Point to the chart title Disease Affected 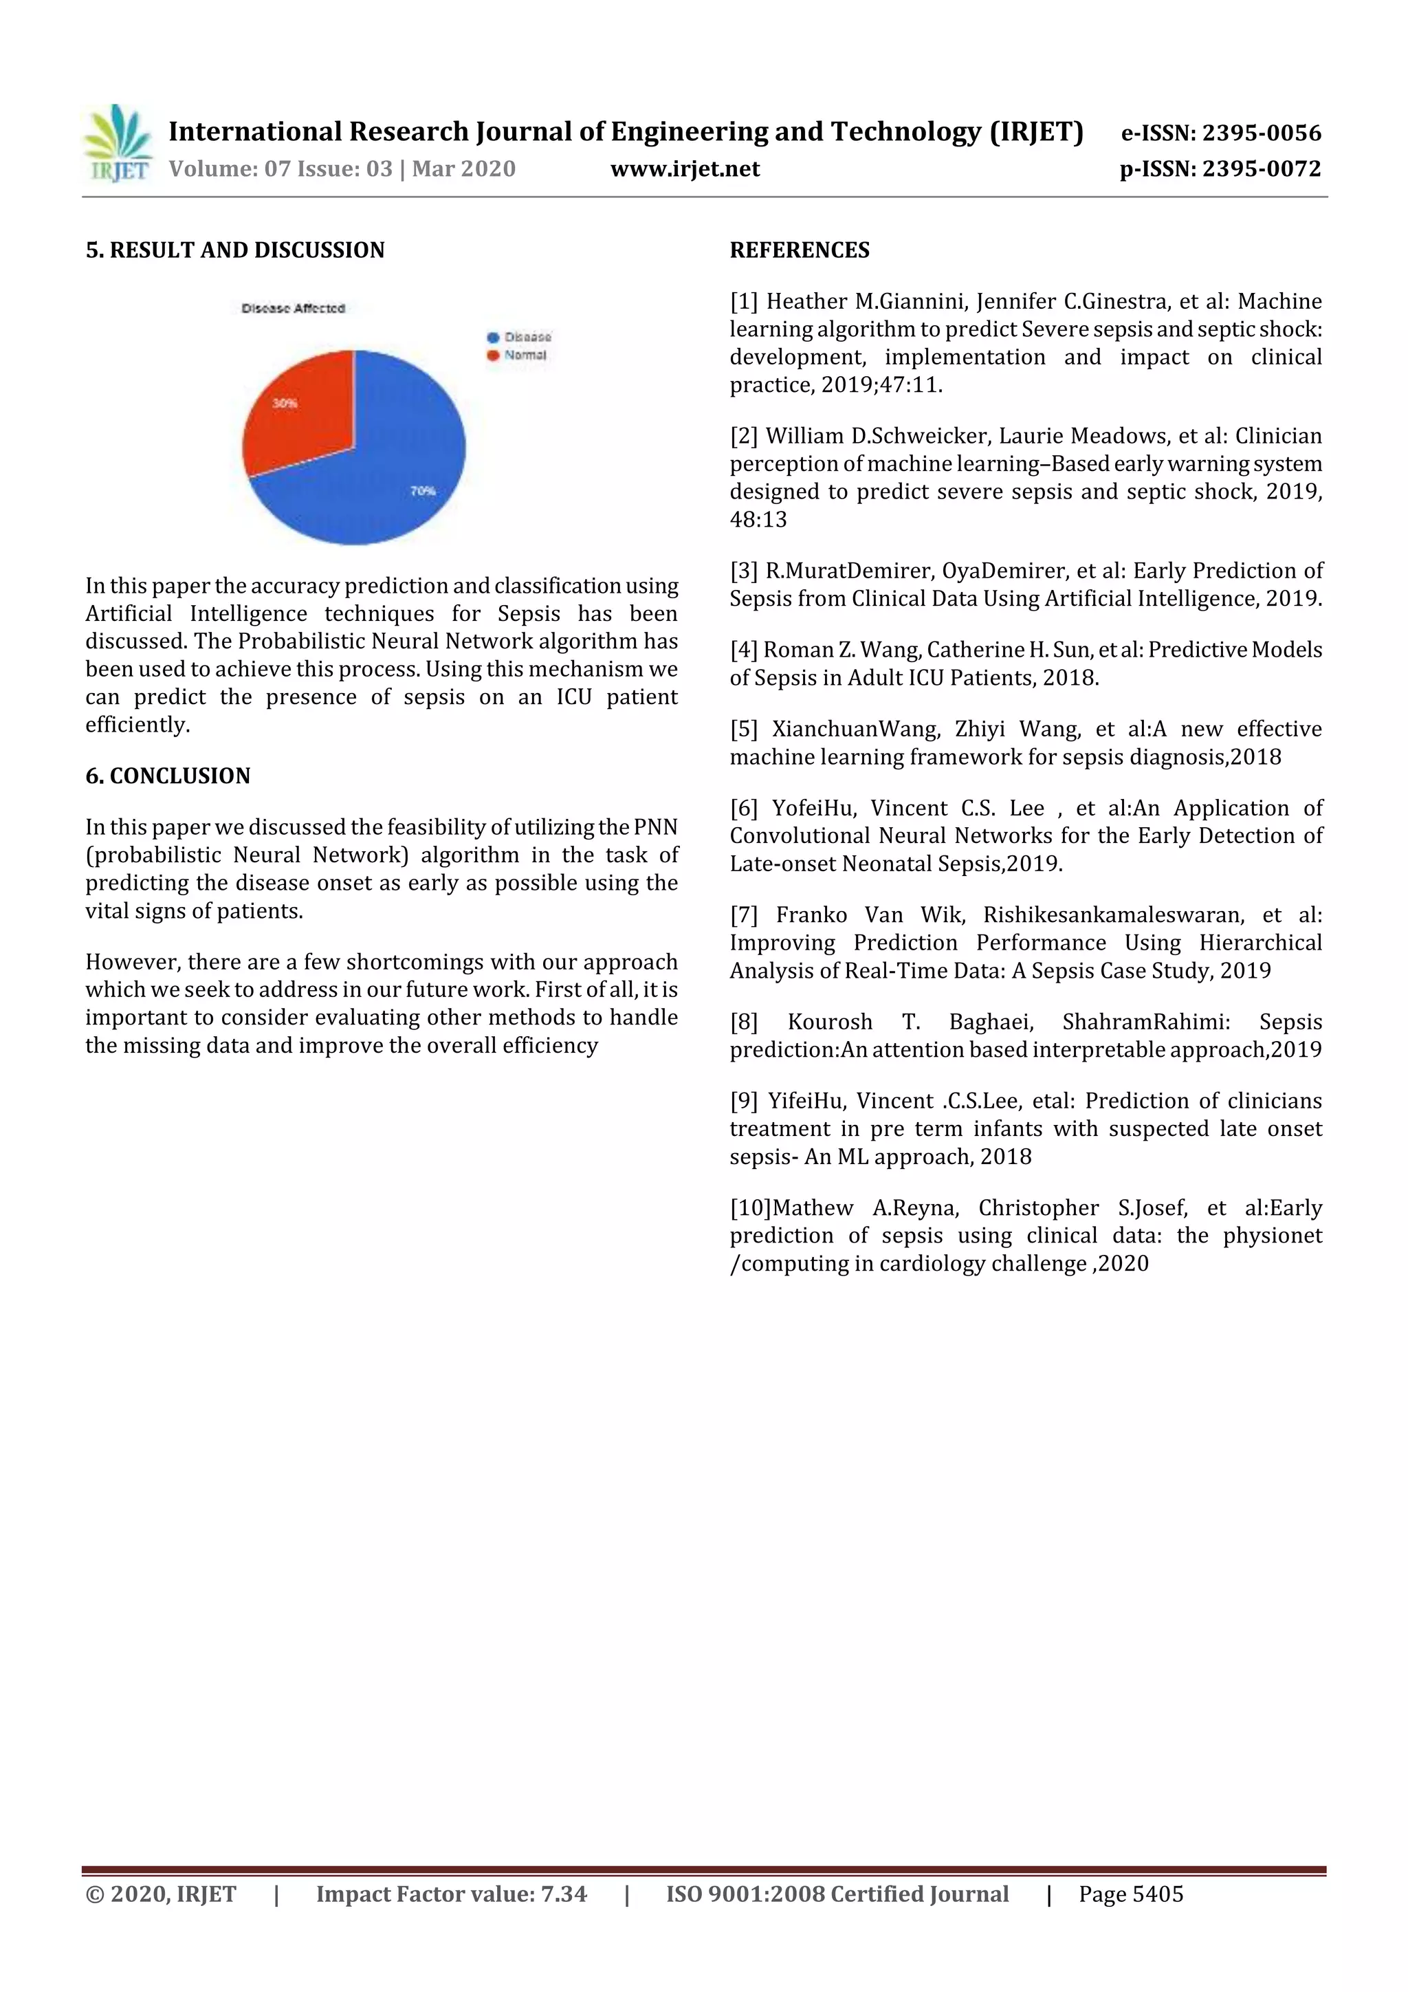tap(294, 308)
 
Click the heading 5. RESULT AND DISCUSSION tap(235, 250)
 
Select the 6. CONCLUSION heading tap(168, 776)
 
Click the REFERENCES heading tap(799, 250)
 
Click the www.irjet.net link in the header tap(685, 168)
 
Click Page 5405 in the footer tap(1130, 1894)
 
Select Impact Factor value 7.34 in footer tap(451, 1894)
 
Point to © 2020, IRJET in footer tap(160, 1894)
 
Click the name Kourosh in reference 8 tap(829, 1021)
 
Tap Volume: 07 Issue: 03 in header tap(281, 168)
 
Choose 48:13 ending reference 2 tap(758, 520)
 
